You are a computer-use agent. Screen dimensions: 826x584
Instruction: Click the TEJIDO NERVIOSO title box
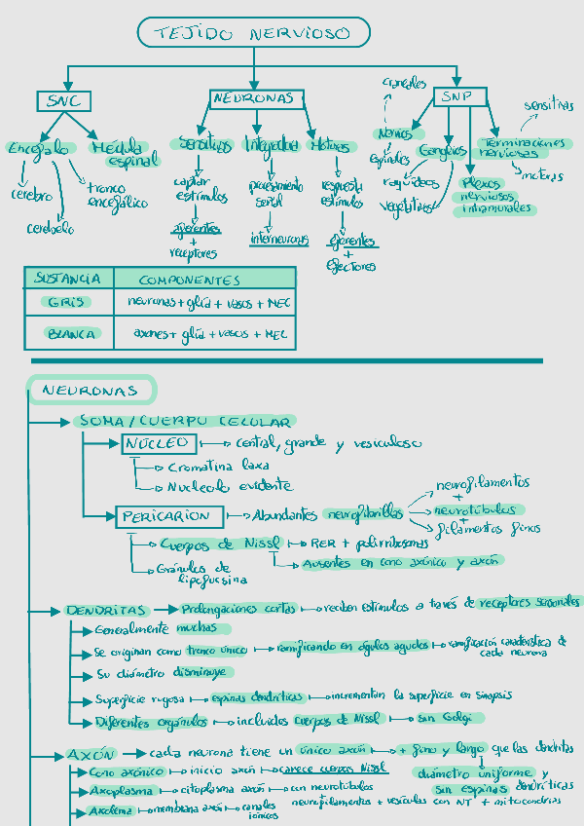[255, 34]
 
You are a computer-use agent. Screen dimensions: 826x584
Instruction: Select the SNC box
[66, 101]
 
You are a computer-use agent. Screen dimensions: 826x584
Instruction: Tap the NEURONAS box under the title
[257, 99]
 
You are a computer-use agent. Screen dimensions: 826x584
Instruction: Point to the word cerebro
[32, 195]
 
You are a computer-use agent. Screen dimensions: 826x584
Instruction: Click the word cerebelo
[51, 229]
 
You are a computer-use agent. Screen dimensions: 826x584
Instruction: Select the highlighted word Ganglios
[443, 151]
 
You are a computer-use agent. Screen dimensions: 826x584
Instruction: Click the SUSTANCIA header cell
[68, 279]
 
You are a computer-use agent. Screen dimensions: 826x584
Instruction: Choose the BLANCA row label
[71, 334]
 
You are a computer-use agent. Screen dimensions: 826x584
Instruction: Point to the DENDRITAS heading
[106, 611]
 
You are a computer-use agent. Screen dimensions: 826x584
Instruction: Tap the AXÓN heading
[91, 755]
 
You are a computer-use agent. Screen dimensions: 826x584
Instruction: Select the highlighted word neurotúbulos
[475, 509]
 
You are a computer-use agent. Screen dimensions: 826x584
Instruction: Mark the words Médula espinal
[123, 154]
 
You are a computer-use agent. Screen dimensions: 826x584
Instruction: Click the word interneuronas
[278, 238]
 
